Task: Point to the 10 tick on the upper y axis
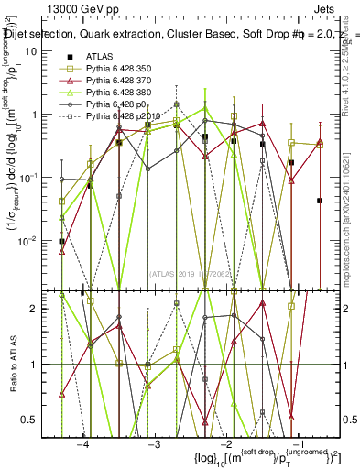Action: (33, 51)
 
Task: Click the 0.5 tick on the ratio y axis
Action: (32, 420)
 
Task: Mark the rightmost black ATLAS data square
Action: (320, 201)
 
